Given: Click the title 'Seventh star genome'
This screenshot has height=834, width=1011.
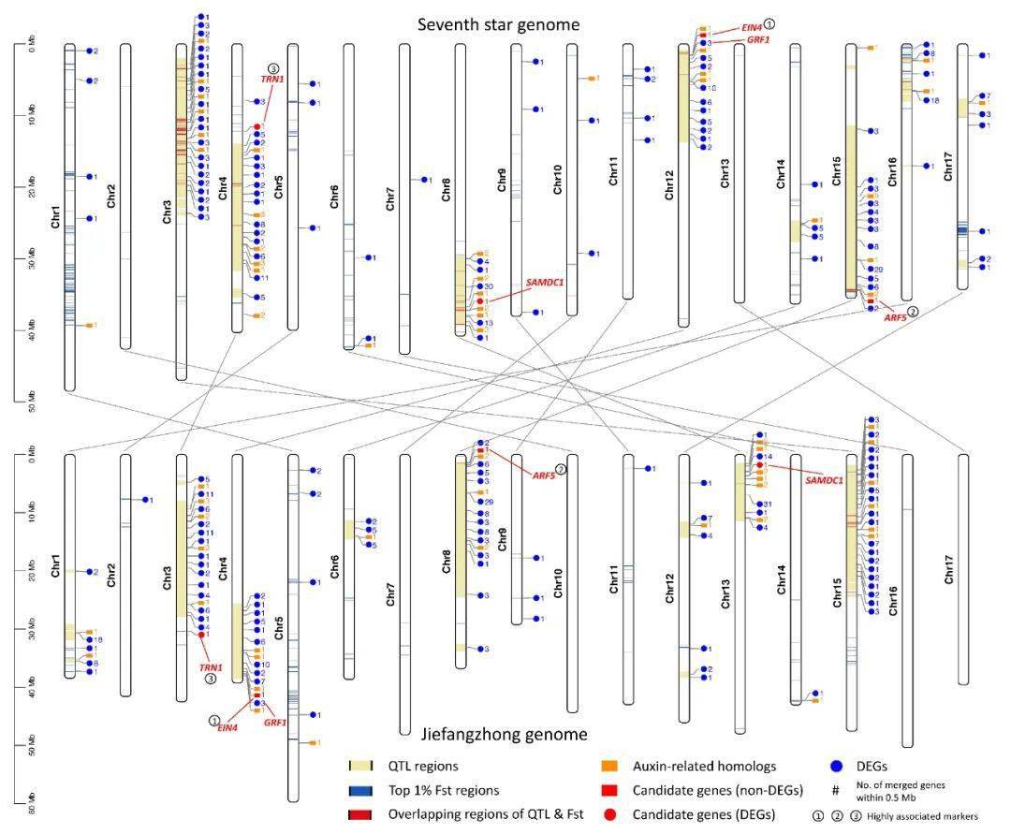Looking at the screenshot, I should tap(499, 24).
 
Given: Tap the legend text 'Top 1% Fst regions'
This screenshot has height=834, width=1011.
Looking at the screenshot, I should tap(444, 790).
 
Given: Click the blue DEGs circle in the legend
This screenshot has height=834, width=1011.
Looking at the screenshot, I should tap(838, 767).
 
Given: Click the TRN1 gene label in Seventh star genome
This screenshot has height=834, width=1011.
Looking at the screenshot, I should tap(272, 80).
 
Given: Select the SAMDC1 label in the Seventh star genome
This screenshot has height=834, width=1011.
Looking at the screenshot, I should tap(544, 281).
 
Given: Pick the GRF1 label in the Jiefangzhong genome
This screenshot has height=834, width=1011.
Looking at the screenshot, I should tap(275, 722).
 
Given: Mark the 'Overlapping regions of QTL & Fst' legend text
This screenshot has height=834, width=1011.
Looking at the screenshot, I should tap(486, 814).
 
